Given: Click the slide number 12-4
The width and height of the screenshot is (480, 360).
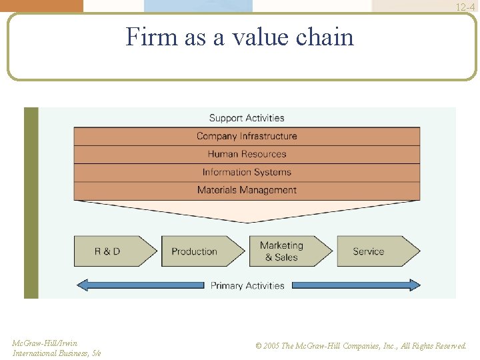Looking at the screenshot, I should coord(465,7).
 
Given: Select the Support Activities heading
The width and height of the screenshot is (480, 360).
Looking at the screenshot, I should coord(247,118).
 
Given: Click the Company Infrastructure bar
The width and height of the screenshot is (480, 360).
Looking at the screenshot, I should coord(247,136).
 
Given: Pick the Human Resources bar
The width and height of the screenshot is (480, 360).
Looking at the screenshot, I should coord(247,154).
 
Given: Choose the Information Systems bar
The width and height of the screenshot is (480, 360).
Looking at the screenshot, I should coord(247,172).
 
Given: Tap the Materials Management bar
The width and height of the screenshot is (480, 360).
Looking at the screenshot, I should coord(247,190).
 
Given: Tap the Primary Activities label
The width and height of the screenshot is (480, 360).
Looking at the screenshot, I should coord(247,285).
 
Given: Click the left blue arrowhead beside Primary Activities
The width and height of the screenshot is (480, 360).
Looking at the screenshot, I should coord(83,285).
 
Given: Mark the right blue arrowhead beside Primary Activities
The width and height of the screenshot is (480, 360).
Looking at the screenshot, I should coord(415,285).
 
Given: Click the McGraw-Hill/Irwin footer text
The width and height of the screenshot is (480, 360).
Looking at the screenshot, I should coord(45,343).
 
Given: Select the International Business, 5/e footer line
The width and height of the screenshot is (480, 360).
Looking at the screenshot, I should coord(57,353).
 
